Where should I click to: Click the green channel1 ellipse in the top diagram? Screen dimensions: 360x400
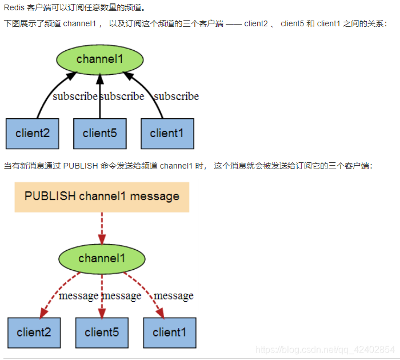coord(100,59)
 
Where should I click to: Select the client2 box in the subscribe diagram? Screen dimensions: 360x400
coord(33,134)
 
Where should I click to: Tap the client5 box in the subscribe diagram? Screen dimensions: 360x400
coord(100,134)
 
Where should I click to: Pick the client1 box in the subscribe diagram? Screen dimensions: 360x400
coord(167,134)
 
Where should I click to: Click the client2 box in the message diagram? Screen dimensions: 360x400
coord(34,333)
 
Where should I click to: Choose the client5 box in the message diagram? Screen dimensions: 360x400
coord(102,333)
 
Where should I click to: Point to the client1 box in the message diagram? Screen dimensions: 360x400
coord(169,333)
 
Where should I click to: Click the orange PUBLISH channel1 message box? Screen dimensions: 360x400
coord(102,197)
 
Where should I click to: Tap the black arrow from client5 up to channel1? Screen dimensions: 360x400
coord(100,97)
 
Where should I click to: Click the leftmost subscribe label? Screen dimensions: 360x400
coord(75,97)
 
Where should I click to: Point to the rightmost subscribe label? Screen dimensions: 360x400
coord(177,97)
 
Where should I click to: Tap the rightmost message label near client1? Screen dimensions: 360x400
coord(174,296)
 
